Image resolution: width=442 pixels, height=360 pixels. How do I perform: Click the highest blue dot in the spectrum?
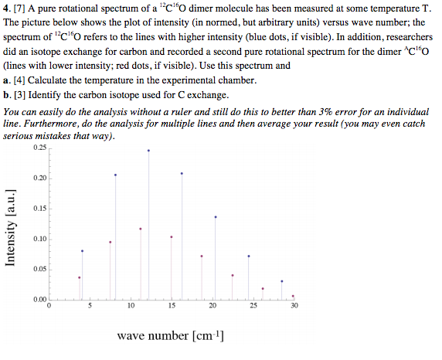coord(148,151)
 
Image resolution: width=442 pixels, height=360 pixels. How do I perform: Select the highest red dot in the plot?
coord(141,229)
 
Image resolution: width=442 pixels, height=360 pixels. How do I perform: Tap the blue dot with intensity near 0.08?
coord(82,251)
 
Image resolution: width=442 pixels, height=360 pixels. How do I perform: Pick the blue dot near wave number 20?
coord(216,217)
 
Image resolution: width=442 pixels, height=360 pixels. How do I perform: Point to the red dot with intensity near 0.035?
coord(79,277)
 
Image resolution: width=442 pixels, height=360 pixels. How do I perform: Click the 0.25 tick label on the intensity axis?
coord(39,147)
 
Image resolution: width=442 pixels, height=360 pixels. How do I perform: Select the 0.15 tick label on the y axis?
coord(39,209)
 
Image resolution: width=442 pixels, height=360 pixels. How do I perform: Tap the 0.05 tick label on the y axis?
coord(39,269)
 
